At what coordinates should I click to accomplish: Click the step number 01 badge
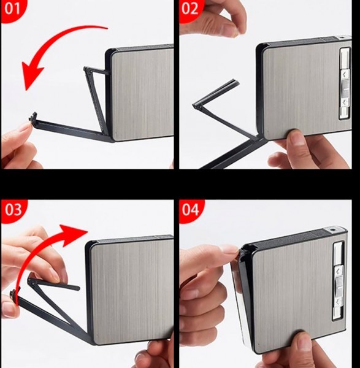click(12, 9)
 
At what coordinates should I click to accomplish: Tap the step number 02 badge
click(190, 9)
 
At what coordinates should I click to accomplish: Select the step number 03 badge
click(13, 210)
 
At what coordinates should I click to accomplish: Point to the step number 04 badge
click(191, 210)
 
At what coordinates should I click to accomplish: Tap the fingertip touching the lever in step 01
click(25, 129)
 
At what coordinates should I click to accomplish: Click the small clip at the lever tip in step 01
click(33, 117)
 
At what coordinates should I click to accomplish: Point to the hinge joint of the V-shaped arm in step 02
click(196, 106)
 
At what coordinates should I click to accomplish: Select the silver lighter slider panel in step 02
click(345, 83)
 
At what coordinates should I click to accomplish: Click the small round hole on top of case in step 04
click(332, 229)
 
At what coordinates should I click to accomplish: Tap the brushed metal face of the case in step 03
click(132, 291)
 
